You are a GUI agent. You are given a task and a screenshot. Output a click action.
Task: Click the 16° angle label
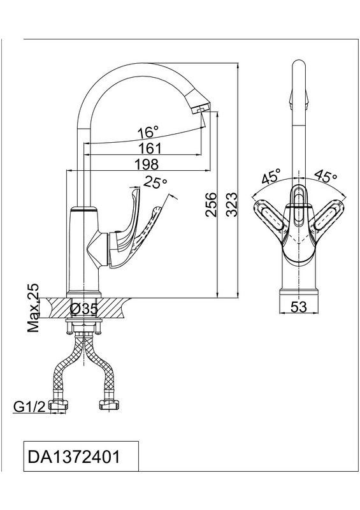click(148, 132)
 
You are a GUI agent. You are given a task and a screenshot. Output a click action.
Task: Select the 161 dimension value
click(150, 149)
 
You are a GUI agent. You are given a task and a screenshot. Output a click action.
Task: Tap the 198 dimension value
click(147, 164)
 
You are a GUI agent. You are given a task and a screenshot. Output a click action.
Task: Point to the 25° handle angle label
click(155, 182)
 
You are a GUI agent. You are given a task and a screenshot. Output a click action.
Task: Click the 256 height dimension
click(212, 204)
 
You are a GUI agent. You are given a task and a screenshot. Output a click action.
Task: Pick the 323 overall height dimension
click(232, 204)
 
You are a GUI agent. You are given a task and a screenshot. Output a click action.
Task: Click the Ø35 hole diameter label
click(84, 309)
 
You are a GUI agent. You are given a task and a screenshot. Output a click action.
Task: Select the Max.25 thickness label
click(33, 308)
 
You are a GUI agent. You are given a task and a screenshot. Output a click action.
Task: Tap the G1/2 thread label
click(29, 407)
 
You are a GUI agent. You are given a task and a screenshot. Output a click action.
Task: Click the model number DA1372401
click(74, 456)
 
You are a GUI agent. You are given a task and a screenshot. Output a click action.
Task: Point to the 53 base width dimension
click(299, 307)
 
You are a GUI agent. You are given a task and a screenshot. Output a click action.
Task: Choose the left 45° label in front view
click(271, 177)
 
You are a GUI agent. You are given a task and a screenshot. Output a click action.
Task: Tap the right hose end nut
click(108, 405)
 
